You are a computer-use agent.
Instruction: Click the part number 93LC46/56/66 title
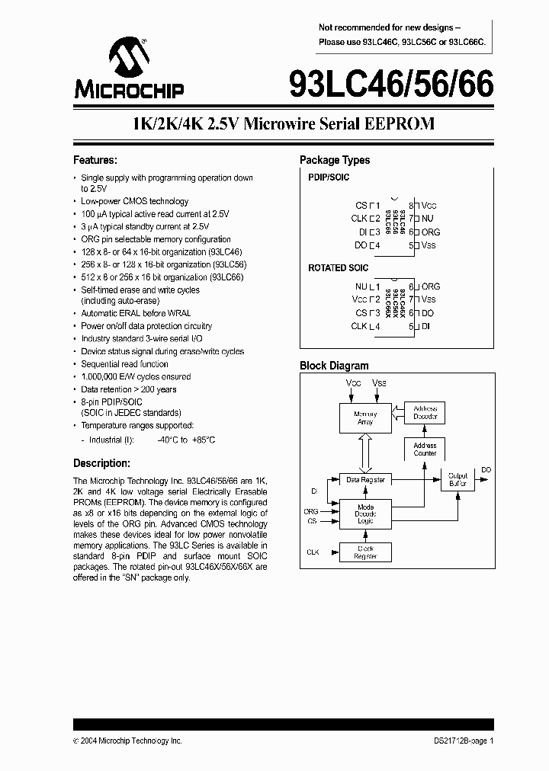391,82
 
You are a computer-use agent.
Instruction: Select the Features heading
95,161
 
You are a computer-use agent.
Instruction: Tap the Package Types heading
335,161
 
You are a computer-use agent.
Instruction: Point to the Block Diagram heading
334,366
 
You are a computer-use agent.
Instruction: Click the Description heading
101,463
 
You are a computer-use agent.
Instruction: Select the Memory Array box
365,418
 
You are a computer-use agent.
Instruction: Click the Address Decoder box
425,412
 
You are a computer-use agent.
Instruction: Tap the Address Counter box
425,449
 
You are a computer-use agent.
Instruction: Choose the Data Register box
365,480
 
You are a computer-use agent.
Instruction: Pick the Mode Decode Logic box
365,514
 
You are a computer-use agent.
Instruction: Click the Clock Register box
365,552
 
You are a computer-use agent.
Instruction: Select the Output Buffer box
457,479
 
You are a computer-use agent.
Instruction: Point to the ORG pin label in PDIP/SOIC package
431,232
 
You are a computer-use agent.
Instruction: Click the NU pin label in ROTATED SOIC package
361,286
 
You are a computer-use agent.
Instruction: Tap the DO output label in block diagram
486,470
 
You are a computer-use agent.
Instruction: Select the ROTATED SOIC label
338,268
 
